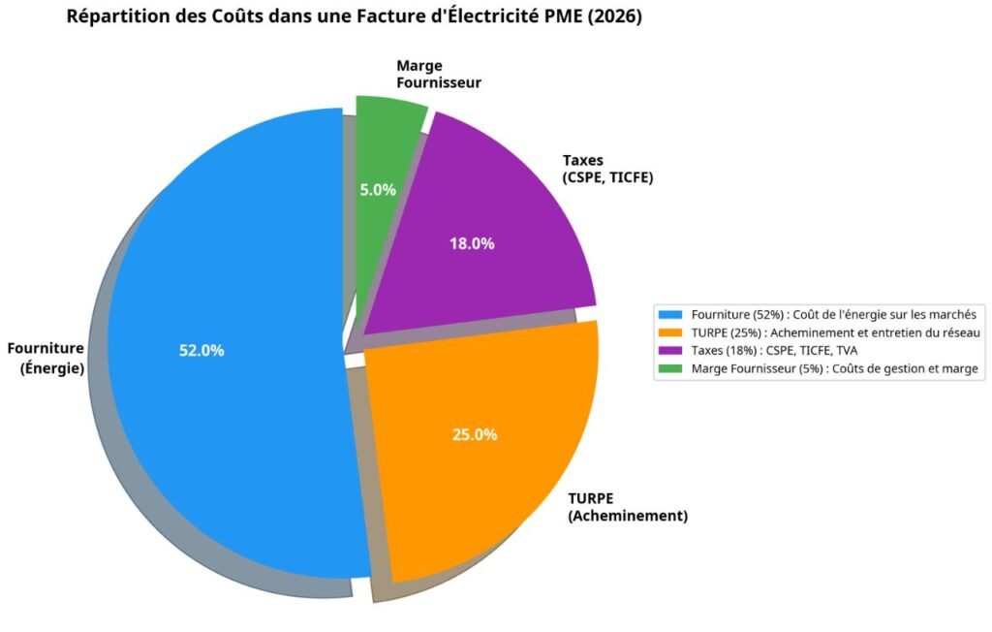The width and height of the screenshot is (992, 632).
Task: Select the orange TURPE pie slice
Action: tap(484, 485)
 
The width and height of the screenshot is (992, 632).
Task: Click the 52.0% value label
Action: tap(201, 351)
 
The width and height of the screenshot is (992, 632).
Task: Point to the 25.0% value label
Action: tap(475, 434)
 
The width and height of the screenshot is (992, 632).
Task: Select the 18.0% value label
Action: tap(472, 243)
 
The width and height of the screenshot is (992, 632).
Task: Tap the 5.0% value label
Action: tap(378, 190)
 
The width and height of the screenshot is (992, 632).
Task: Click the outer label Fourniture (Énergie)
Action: tap(46, 359)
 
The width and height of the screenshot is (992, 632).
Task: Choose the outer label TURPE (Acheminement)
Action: tap(628, 507)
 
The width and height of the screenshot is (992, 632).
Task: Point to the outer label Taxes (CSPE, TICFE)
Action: tap(608, 170)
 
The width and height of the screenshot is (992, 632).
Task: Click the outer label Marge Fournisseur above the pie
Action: tap(439, 75)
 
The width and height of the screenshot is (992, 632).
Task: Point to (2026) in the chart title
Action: tap(613, 17)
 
